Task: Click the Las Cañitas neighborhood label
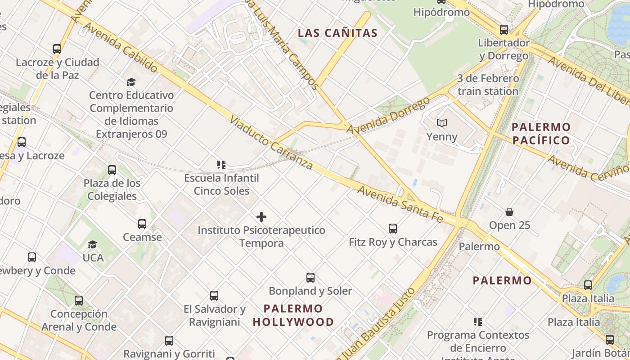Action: pos(337,33)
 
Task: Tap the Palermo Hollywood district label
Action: pos(293,315)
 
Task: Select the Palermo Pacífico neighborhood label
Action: pos(541,133)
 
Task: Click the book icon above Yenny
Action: pos(442,123)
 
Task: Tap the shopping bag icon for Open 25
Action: pos(509,211)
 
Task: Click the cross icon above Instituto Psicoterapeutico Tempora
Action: pos(261,217)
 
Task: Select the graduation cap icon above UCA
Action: pos(93,244)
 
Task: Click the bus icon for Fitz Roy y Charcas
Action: pos(393,229)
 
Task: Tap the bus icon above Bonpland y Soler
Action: pos(310,278)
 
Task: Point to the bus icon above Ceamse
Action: pos(142,224)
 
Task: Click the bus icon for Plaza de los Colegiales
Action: pos(112,170)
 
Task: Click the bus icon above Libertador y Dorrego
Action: pos(504,30)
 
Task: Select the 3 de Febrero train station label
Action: pos(488,85)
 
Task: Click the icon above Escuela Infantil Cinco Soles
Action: pos(221,165)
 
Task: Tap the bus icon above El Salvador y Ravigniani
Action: pos(214,296)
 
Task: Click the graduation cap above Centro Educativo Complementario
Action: pos(131,82)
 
